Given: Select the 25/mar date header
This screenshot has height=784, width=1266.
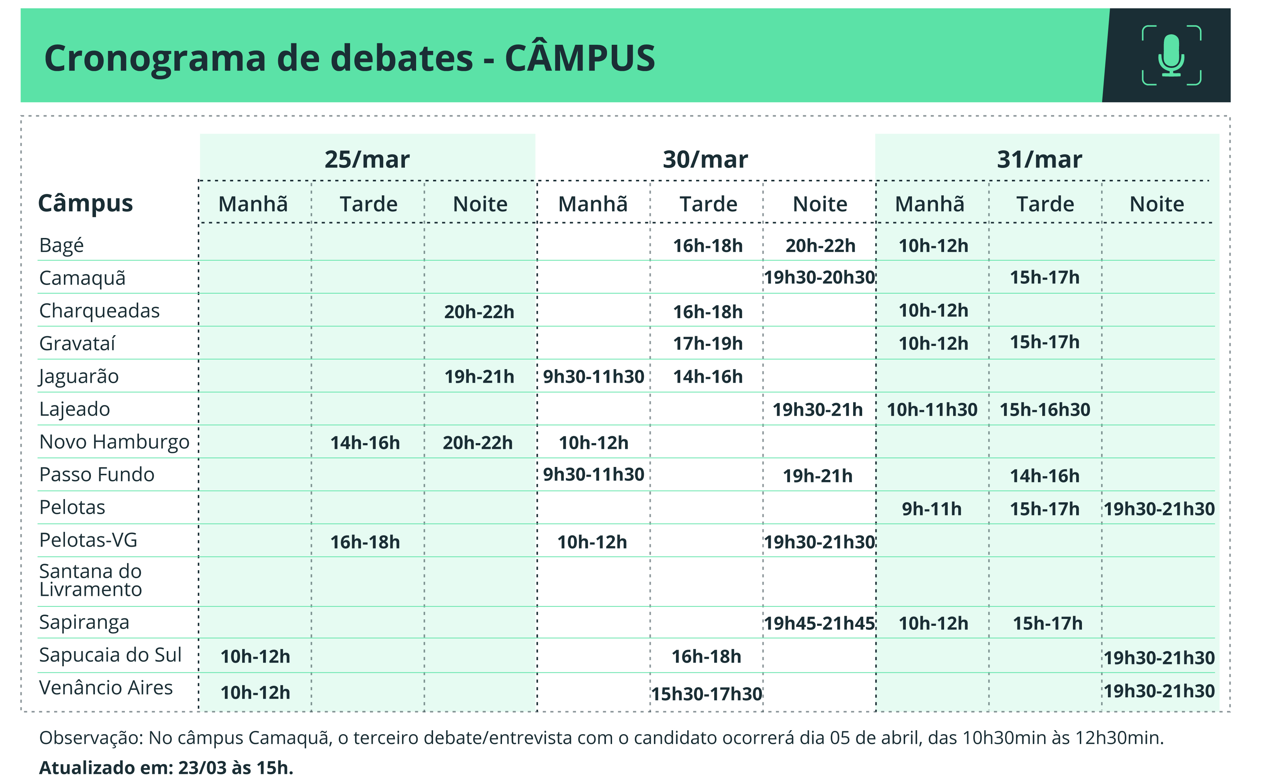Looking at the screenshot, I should (x=367, y=159).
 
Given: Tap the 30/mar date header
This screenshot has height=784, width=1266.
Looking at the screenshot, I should (x=705, y=159).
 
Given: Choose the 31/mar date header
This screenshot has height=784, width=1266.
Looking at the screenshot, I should (x=1039, y=159).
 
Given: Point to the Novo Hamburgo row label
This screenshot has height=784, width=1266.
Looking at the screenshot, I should (x=114, y=442).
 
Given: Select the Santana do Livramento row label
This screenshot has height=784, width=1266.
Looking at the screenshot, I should (x=91, y=580).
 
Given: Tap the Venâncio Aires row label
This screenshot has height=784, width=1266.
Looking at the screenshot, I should (x=106, y=688).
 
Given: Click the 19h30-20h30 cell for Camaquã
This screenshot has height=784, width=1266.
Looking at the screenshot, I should (x=819, y=277).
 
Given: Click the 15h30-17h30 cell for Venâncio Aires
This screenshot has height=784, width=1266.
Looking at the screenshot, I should (x=706, y=694).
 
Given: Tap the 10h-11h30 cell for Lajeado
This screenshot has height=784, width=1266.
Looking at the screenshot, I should (x=932, y=410).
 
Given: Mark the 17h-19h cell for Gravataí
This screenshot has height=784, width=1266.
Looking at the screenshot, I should (x=707, y=343).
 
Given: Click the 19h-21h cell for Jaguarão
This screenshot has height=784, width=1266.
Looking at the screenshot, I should (x=479, y=376).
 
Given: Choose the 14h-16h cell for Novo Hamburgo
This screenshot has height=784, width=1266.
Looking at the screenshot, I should (x=365, y=443).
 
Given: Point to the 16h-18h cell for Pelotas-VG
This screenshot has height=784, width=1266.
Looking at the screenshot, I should (x=365, y=542).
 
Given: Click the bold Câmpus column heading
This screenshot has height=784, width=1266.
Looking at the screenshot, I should (x=86, y=203).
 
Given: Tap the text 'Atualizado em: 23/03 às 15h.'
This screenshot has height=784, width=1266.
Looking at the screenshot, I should (x=166, y=767).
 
